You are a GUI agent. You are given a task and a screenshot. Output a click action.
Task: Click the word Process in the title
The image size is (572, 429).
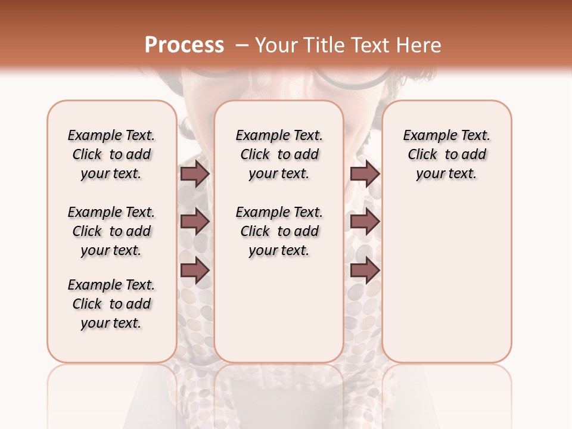(184, 45)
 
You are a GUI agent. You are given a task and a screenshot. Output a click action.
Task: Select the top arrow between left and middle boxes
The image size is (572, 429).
(195, 174)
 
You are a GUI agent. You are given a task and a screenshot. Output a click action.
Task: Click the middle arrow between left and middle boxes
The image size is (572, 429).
(195, 222)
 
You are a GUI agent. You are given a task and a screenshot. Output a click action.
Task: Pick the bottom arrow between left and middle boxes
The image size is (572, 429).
(195, 271)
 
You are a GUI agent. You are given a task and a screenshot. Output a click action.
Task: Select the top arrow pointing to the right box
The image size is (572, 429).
(365, 174)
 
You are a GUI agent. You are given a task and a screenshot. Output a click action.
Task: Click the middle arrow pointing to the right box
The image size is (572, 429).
(365, 222)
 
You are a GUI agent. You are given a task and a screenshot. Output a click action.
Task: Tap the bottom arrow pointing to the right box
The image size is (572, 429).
(365, 271)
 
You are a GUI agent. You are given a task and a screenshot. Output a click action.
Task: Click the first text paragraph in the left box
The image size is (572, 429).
(111, 154)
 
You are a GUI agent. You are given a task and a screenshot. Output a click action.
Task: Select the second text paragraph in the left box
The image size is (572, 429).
(111, 231)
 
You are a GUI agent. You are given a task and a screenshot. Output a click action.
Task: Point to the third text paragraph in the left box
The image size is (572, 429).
(111, 304)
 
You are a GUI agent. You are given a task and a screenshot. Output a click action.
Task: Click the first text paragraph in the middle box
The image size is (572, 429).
(279, 154)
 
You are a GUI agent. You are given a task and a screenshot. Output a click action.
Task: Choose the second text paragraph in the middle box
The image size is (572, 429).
(279, 231)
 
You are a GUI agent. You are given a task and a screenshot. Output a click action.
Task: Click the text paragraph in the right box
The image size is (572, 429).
(446, 154)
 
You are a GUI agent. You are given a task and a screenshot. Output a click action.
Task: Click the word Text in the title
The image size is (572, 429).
(374, 45)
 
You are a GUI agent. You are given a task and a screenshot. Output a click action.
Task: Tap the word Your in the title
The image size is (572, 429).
(278, 45)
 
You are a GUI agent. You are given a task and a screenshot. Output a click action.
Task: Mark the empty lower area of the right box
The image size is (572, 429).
(446, 280)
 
